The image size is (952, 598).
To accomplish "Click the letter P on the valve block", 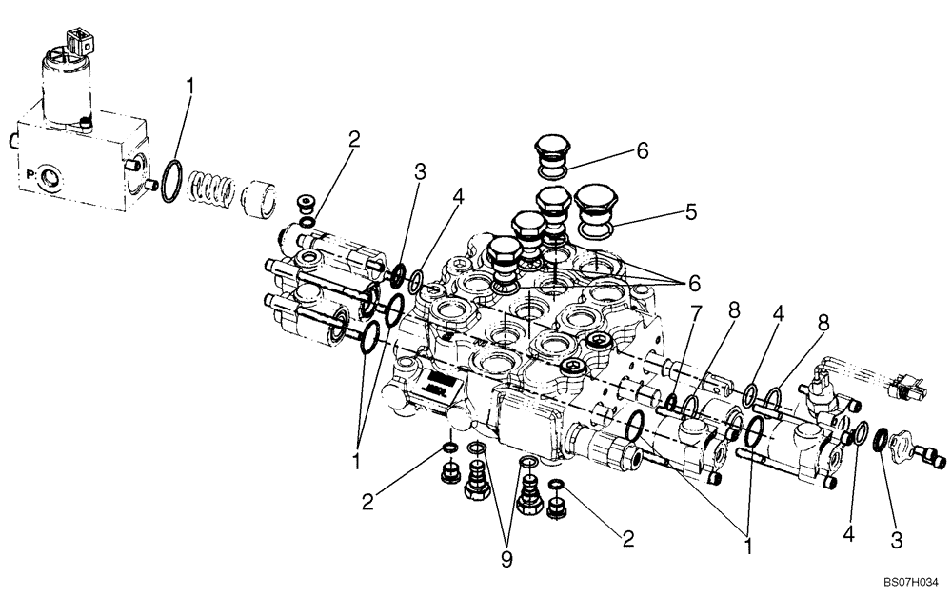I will (x=30, y=175).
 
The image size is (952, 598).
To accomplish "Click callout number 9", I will (x=506, y=560).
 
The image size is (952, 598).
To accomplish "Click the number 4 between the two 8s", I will (x=778, y=311).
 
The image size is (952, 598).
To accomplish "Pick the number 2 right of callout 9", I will (x=625, y=540).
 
